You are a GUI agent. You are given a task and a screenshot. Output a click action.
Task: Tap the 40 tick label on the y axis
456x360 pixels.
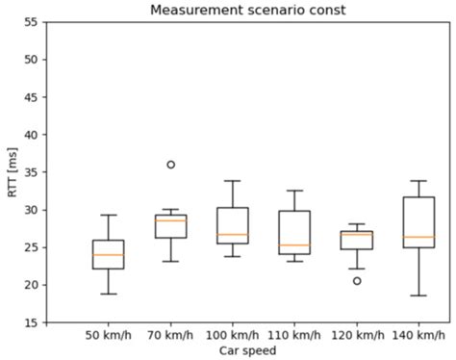[32, 135]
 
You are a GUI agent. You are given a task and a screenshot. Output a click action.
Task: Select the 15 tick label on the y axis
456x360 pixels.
[32, 322]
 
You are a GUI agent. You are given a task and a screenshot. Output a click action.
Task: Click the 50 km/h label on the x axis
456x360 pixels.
[108, 336]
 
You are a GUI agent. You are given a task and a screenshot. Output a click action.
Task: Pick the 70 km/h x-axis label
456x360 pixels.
[170, 336]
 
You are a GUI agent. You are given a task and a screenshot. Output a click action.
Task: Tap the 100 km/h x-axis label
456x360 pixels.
[232, 336]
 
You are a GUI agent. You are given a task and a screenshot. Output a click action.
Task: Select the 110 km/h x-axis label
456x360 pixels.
[293, 336]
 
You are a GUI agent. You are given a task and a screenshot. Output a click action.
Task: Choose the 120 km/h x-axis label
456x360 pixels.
[356, 336]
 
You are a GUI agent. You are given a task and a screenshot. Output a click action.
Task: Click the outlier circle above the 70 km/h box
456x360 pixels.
[170, 165]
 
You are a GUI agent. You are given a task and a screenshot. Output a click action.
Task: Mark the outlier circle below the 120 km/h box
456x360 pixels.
[356, 281]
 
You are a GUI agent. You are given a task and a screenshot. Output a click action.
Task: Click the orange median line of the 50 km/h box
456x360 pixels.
[108, 255]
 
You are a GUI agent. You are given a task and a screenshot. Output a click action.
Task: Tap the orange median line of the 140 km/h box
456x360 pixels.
[418, 237]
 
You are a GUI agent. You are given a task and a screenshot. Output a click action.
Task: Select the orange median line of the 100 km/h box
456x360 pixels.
[232, 235]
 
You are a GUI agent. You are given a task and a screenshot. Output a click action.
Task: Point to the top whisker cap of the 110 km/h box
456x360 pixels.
[293, 191]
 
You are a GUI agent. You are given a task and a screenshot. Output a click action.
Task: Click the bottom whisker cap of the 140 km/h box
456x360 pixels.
[418, 296]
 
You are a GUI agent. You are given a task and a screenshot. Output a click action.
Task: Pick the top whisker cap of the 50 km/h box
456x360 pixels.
[108, 215]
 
